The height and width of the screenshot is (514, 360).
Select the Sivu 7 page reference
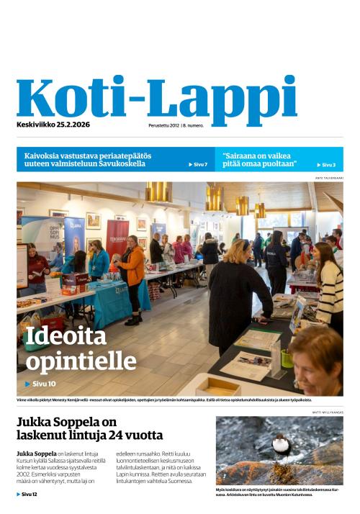pos(198,165)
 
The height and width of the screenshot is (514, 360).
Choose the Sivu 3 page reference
pos(328,165)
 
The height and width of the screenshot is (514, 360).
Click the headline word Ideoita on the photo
pos(66,336)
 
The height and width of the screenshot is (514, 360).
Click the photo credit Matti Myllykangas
pos(328,412)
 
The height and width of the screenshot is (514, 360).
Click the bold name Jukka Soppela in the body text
pos(36,454)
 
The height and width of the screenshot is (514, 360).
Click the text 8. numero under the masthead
pos(193,125)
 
